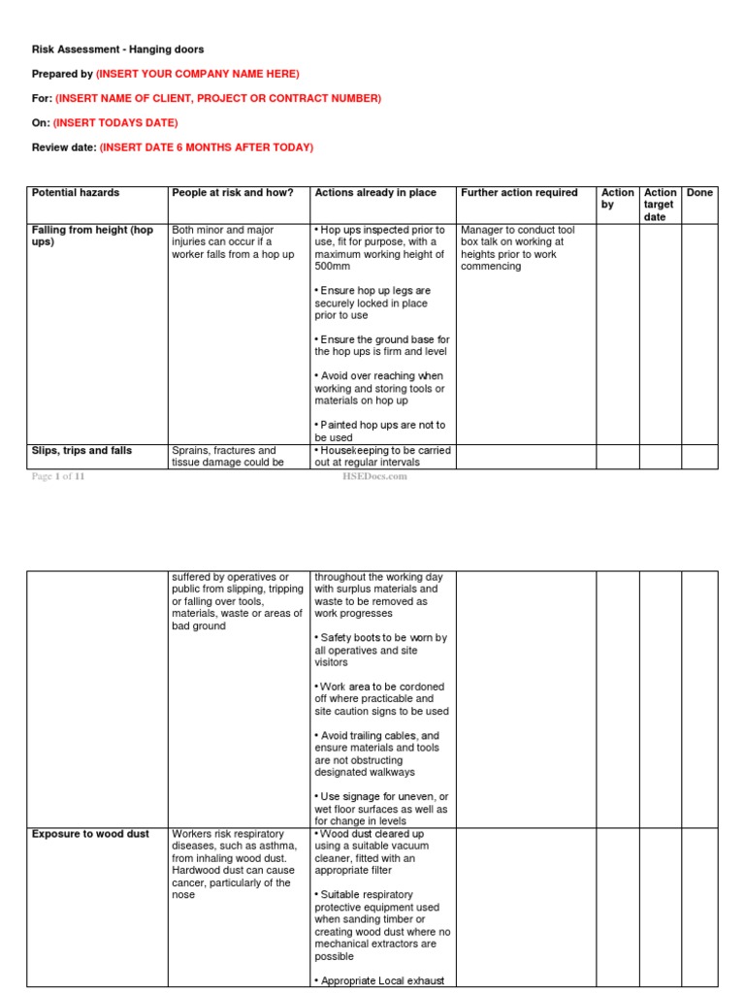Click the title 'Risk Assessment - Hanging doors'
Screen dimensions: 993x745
(x=117, y=49)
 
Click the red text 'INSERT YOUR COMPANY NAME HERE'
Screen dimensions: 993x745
(x=199, y=74)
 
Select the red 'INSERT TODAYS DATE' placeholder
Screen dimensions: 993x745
(x=116, y=123)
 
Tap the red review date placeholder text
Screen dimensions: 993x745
(x=208, y=147)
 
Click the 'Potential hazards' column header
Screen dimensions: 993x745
(x=76, y=193)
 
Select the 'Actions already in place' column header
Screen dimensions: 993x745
(x=375, y=193)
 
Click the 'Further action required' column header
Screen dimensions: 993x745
(x=519, y=193)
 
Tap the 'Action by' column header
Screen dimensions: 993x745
(x=617, y=199)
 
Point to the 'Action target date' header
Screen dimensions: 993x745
(x=660, y=205)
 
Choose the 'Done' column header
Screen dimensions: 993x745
(x=699, y=193)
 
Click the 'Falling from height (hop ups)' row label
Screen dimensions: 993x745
(x=92, y=236)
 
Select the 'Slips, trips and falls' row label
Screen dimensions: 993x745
(x=81, y=451)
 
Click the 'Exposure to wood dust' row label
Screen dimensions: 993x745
(x=90, y=834)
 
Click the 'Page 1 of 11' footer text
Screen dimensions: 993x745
(x=58, y=476)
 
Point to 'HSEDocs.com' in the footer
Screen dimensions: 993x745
(x=374, y=476)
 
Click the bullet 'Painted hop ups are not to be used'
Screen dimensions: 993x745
(x=379, y=431)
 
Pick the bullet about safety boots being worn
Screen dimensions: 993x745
(x=380, y=651)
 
